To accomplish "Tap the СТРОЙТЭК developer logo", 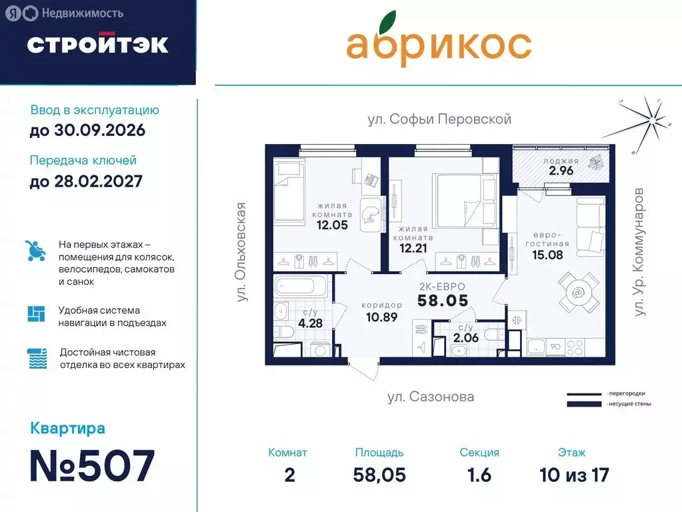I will pos(97,44).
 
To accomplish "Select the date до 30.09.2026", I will pos(87,130).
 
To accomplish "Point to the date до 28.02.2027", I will pos(86,181).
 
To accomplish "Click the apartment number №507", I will pos(92,465).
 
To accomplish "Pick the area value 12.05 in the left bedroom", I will pos(331,225).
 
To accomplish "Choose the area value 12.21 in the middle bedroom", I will pos(413,249).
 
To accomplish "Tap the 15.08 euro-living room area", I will pos(546,254).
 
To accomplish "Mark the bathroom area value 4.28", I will pos(311,324).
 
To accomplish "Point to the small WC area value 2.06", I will pos(466,337).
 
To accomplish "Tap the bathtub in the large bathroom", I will pos(302,287).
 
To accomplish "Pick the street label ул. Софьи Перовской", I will pos(439,119).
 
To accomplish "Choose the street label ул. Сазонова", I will pos(431,397).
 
